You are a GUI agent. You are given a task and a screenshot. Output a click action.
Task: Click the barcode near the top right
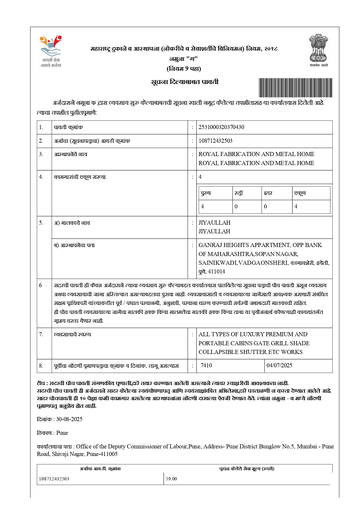295,87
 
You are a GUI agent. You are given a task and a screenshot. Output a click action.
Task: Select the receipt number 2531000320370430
221,127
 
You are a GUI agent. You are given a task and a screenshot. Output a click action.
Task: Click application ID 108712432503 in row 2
215,141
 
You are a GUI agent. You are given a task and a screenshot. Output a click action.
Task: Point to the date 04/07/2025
279,365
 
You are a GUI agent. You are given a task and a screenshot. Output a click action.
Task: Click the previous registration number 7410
206,365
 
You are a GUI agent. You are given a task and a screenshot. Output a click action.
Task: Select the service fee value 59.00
171,479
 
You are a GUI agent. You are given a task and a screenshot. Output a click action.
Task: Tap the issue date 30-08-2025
69,419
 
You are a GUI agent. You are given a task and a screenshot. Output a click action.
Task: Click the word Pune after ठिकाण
62,433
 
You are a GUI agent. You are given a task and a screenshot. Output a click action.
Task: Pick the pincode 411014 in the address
217,271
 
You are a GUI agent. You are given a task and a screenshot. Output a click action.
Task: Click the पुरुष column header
206,193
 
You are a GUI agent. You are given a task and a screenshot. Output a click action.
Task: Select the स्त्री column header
239,193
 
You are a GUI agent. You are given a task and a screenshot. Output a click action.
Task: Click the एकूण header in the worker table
300,193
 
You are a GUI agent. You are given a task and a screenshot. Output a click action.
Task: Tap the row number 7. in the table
41,334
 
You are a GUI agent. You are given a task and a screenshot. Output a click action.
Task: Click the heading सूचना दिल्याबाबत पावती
185,82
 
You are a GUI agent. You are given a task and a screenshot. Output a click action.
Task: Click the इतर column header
268,193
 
